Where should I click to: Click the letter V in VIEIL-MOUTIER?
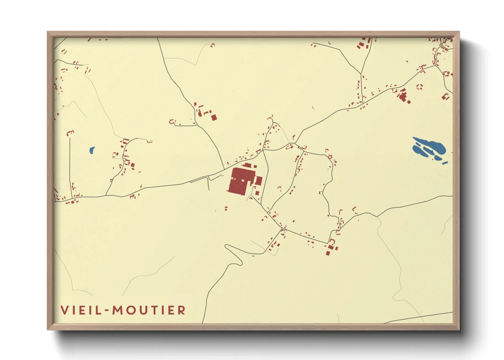pos(65,310)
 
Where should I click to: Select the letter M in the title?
pos(117,310)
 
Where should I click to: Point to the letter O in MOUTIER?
pos(131,310)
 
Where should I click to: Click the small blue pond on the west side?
pos(92,150)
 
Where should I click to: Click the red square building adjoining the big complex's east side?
pos(258,181)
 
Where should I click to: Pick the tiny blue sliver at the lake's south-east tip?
pos(445,163)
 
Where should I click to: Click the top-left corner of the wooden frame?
pos(48,33)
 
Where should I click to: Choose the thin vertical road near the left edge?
pos(70,167)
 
